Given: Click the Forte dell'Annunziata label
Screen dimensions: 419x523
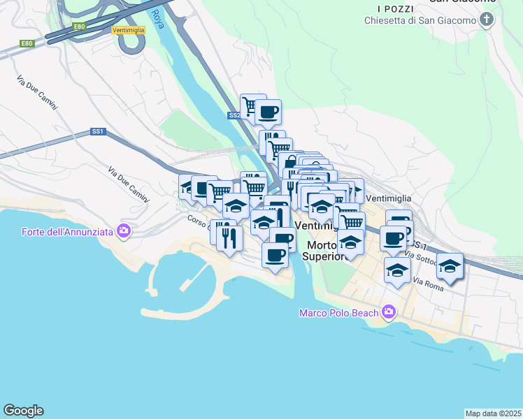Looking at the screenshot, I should (67, 231).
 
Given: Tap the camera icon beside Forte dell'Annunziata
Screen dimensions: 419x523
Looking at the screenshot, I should (124, 230).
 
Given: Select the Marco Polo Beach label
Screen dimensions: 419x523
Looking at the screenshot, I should (338, 313).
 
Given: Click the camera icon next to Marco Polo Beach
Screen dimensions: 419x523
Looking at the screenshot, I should (388, 312).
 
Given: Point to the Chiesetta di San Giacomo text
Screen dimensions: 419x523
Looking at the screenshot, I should (420, 20).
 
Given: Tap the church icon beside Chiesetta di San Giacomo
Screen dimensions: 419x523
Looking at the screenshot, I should (487, 20).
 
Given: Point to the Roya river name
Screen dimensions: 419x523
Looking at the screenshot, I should (157, 18).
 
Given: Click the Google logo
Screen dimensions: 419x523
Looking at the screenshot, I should (23, 411).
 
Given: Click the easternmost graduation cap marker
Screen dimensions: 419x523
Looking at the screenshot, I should (450, 265).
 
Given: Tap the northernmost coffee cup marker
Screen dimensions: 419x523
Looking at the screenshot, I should (267, 111).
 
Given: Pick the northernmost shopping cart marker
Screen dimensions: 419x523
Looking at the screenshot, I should (252, 105).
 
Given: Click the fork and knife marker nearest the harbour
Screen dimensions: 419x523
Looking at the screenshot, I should (230, 238).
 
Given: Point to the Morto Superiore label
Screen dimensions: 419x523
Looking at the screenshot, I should (326, 251).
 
